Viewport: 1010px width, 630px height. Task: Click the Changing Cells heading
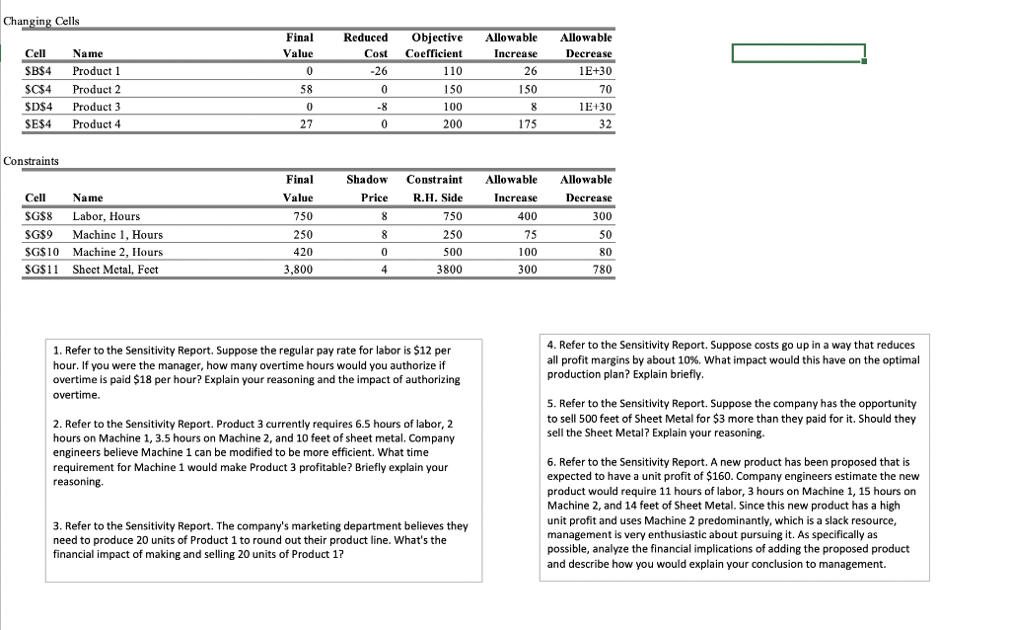(x=42, y=21)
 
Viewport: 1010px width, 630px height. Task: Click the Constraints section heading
(x=32, y=160)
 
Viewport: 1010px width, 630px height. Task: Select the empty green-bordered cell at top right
(x=798, y=53)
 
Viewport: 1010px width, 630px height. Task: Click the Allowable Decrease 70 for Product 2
(x=604, y=89)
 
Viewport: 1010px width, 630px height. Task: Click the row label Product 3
(x=97, y=107)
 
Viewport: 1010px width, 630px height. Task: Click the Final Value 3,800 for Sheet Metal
(x=298, y=270)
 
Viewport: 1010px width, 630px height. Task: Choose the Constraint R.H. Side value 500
(x=449, y=252)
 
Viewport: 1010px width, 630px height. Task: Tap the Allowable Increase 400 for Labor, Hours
(x=527, y=216)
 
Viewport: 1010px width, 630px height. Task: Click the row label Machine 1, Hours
(x=117, y=234)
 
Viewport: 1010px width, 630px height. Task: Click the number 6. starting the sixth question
(x=550, y=461)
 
